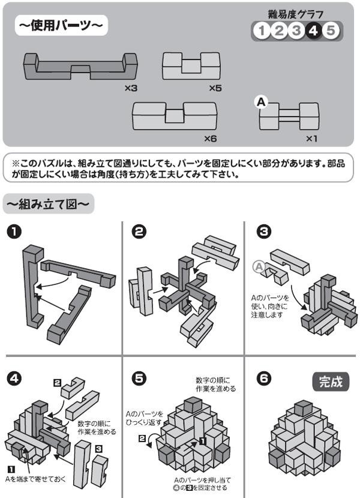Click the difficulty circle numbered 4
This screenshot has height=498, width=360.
(313, 30)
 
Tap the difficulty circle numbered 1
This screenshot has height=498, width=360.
(261, 30)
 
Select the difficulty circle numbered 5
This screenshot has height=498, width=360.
(330, 30)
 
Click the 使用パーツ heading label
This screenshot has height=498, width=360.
(61, 26)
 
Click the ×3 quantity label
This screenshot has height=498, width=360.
(132, 88)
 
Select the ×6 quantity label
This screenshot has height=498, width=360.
(209, 138)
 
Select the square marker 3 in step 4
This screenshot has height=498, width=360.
(98, 448)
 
